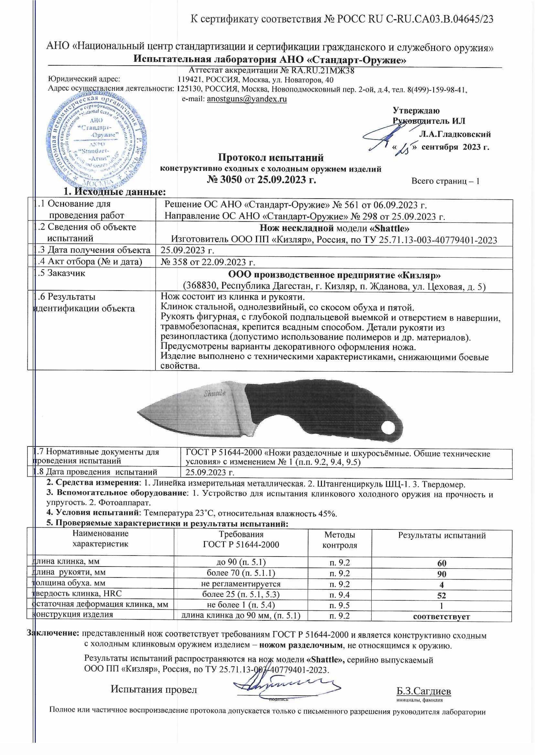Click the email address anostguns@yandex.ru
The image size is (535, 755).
[x=247, y=99]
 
